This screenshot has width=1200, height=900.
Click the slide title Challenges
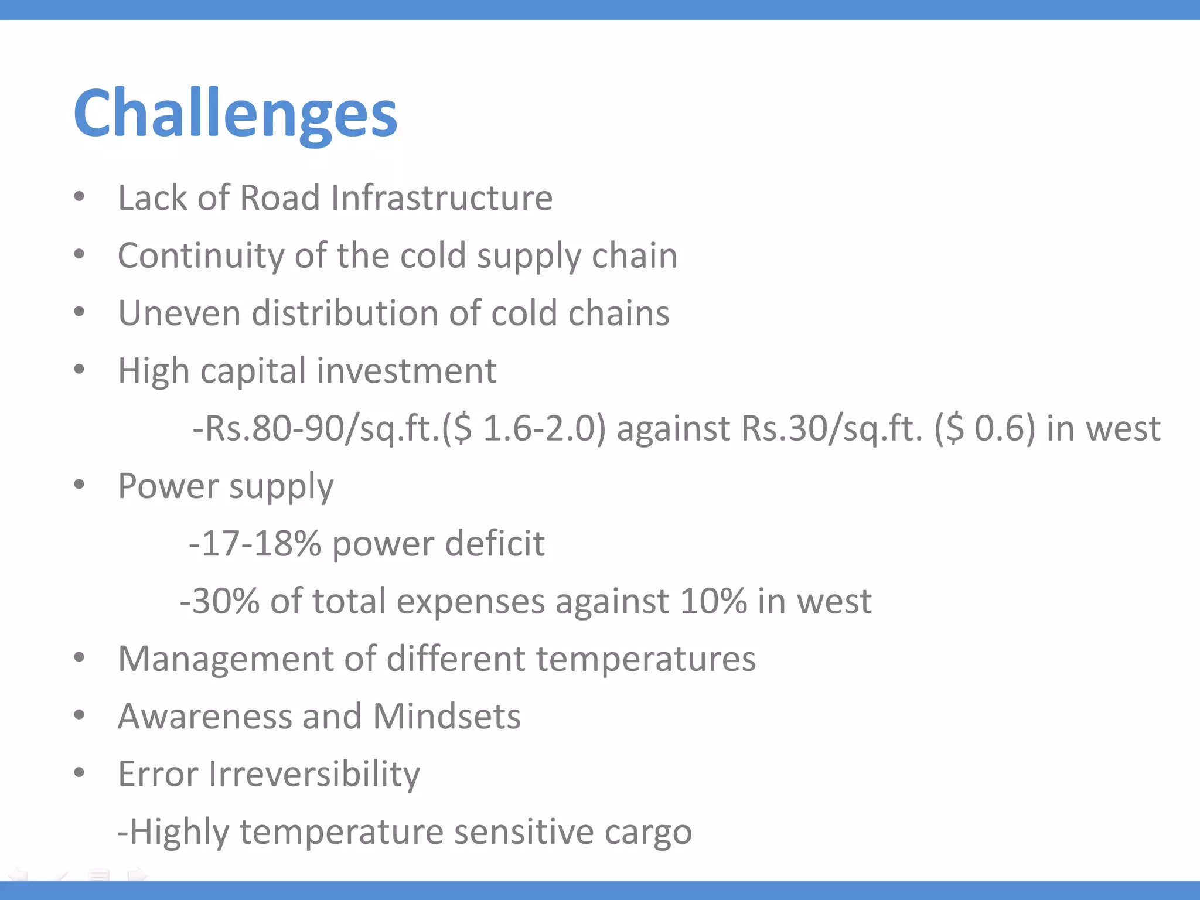pyautogui.click(x=236, y=112)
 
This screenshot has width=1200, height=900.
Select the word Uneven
pyautogui.click(x=179, y=313)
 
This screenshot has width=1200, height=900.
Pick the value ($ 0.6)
pyautogui.click(x=984, y=428)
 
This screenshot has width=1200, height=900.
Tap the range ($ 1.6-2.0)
pyautogui.click(x=523, y=428)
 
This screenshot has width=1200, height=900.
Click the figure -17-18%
pyautogui.click(x=255, y=543)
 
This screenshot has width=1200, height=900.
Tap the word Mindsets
pyautogui.click(x=446, y=716)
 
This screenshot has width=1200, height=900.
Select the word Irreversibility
pyautogui.click(x=314, y=774)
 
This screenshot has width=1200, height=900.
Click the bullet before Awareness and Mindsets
pyautogui.click(x=80, y=715)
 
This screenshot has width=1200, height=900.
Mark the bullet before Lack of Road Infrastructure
pyautogui.click(x=80, y=196)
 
